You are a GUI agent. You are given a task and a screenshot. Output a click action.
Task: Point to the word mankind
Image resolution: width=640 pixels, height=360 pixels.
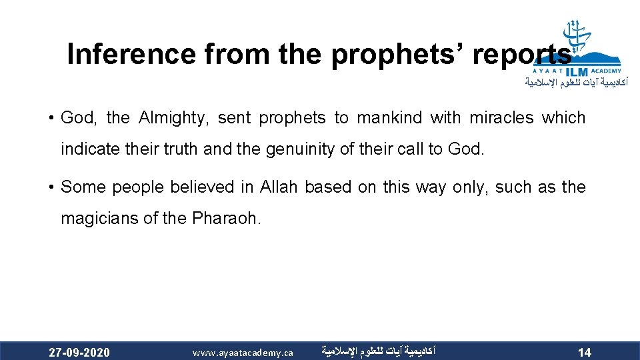[x=389, y=118]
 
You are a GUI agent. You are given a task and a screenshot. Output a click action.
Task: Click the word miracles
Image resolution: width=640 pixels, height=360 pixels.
[x=501, y=118]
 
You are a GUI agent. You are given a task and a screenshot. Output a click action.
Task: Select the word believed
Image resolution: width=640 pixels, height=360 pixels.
[x=203, y=187]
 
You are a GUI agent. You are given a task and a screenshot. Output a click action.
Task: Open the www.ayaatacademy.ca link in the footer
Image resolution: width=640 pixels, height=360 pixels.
[x=243, y=352]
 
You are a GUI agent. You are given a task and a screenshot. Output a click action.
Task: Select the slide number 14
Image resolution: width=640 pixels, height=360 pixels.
[x=584, y=352]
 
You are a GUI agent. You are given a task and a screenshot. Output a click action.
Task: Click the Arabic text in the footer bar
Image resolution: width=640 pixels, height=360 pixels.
[x=377, y=350]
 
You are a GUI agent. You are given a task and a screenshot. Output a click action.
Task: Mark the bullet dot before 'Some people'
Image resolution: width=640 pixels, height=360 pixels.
[x=51, y=188]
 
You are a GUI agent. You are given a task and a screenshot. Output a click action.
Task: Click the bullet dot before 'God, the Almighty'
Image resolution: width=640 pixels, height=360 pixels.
[x=51, y=119]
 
